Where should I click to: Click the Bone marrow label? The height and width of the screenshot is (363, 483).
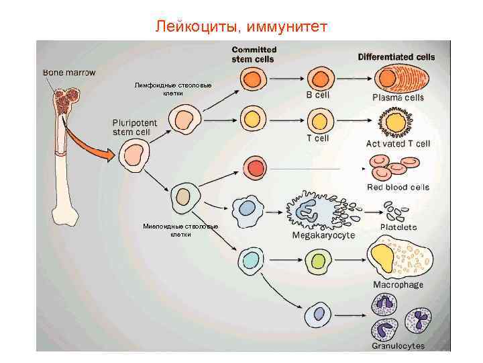tap(69, 72)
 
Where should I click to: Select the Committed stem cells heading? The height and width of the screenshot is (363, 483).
tap(254, 54)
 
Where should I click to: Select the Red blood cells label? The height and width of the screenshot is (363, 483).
tap(398, 187)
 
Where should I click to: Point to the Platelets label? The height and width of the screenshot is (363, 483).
tap(398, 227)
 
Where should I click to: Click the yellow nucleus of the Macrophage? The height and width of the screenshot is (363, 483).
tap(384, 256)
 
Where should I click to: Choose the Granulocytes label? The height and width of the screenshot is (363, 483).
tap(398, 346)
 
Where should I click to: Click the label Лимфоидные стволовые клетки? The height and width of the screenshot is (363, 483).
tap(172, 89)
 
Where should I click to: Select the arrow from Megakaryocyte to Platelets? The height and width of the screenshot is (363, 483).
tap(363, 210)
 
